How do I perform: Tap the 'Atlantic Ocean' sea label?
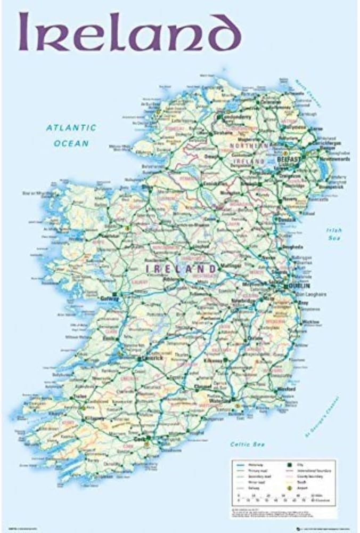(71, 135)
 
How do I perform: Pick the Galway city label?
(109, 299)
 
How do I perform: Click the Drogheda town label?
(293, 247)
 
